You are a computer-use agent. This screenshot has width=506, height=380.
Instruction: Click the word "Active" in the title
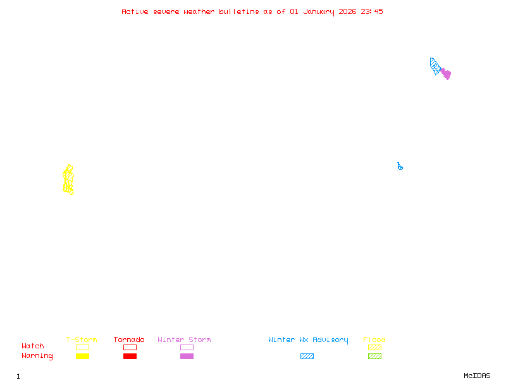point(135,11)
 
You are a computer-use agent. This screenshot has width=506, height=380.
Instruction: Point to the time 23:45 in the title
point(372,11)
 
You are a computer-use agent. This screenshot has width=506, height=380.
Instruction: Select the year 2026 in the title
point(347,11)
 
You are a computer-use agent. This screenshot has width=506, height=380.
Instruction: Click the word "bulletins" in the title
point(239,11)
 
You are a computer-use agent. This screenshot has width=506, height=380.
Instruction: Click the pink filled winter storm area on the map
point(446,73)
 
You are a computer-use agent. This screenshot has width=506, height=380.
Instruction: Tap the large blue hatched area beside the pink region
point(435,66)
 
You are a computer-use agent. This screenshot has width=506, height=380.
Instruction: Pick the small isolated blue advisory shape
point(400,167)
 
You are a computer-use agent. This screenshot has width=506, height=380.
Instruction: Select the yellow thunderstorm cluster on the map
point(68,180)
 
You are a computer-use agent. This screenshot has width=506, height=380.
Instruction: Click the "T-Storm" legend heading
point(82,339)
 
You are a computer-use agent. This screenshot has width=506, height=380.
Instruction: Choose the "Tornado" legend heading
point(129,339)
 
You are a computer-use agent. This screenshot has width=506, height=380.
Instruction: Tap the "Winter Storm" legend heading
point(184,339)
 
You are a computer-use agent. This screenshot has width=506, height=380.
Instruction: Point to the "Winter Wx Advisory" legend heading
point(308,339)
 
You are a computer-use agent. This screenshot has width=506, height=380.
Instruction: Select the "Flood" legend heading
point(374,339)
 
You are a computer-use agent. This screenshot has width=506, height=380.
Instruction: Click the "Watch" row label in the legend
point(33,346)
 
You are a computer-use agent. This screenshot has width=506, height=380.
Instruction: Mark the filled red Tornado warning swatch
point(130,356)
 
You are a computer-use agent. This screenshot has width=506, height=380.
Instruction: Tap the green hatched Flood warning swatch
point(374,356)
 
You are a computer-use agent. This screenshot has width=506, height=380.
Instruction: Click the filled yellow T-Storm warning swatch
point(82,356)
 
